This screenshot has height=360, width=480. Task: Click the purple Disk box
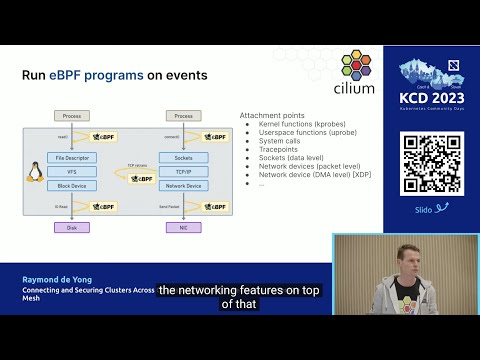pos(72,227)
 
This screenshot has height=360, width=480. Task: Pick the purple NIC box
pos(183,227)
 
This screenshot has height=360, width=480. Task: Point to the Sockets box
pos(183,158)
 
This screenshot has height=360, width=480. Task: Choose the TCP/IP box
pos(183,172)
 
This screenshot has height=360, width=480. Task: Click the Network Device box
pos(183,185)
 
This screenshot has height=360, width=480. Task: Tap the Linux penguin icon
pos(35,172)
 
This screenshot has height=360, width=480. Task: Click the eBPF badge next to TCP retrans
pos(140,178)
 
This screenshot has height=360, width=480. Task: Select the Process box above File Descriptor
pos(72,116)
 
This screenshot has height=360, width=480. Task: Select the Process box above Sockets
pos(183,116)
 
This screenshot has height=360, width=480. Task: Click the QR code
pos(433,163)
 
